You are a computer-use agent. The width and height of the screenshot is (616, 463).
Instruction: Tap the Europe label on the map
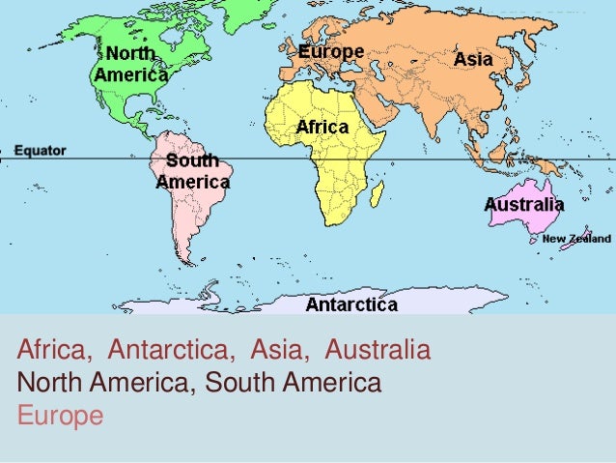(330, 51)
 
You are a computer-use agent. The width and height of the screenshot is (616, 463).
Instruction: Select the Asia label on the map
(473, 59)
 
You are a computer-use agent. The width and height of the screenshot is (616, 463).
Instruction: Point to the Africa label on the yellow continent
(322, 127)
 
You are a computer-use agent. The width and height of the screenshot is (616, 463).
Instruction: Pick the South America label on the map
(193, 171)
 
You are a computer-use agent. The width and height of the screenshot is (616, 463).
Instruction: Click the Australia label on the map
(524, 205)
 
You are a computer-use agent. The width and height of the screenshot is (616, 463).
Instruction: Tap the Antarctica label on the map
(351, 305)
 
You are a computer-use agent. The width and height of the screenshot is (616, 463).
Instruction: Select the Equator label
(41, 151)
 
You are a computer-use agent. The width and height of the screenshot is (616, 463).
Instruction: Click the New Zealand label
(575, 239)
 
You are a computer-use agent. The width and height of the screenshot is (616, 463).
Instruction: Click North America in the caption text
(105, 383)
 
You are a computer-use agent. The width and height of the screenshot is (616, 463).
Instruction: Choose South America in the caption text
(294, 383)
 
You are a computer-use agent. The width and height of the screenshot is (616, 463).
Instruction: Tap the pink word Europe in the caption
(60, 417)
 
